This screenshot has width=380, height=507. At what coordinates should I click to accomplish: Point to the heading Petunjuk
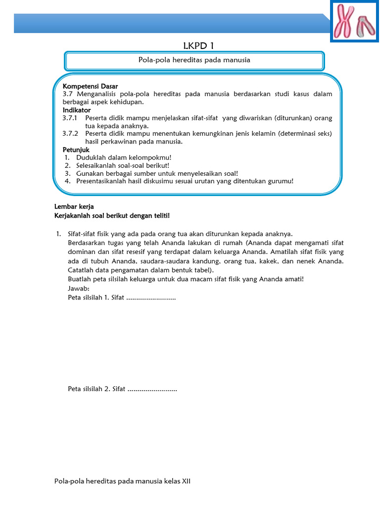pos(76,150)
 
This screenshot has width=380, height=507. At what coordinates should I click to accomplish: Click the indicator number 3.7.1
pos(70,118)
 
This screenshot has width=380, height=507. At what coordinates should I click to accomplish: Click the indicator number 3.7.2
pos(70,134)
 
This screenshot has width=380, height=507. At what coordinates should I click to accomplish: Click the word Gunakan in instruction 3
pos(89,173)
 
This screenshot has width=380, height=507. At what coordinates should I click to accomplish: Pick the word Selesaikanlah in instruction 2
pos(96,165)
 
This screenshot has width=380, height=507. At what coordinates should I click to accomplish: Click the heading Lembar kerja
pos(74,206)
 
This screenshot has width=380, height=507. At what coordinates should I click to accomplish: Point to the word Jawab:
pos(78,289)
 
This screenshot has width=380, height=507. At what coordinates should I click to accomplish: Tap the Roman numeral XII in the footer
pos(185,481)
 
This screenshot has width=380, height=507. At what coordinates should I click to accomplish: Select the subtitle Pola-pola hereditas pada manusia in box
pos(194,60)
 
